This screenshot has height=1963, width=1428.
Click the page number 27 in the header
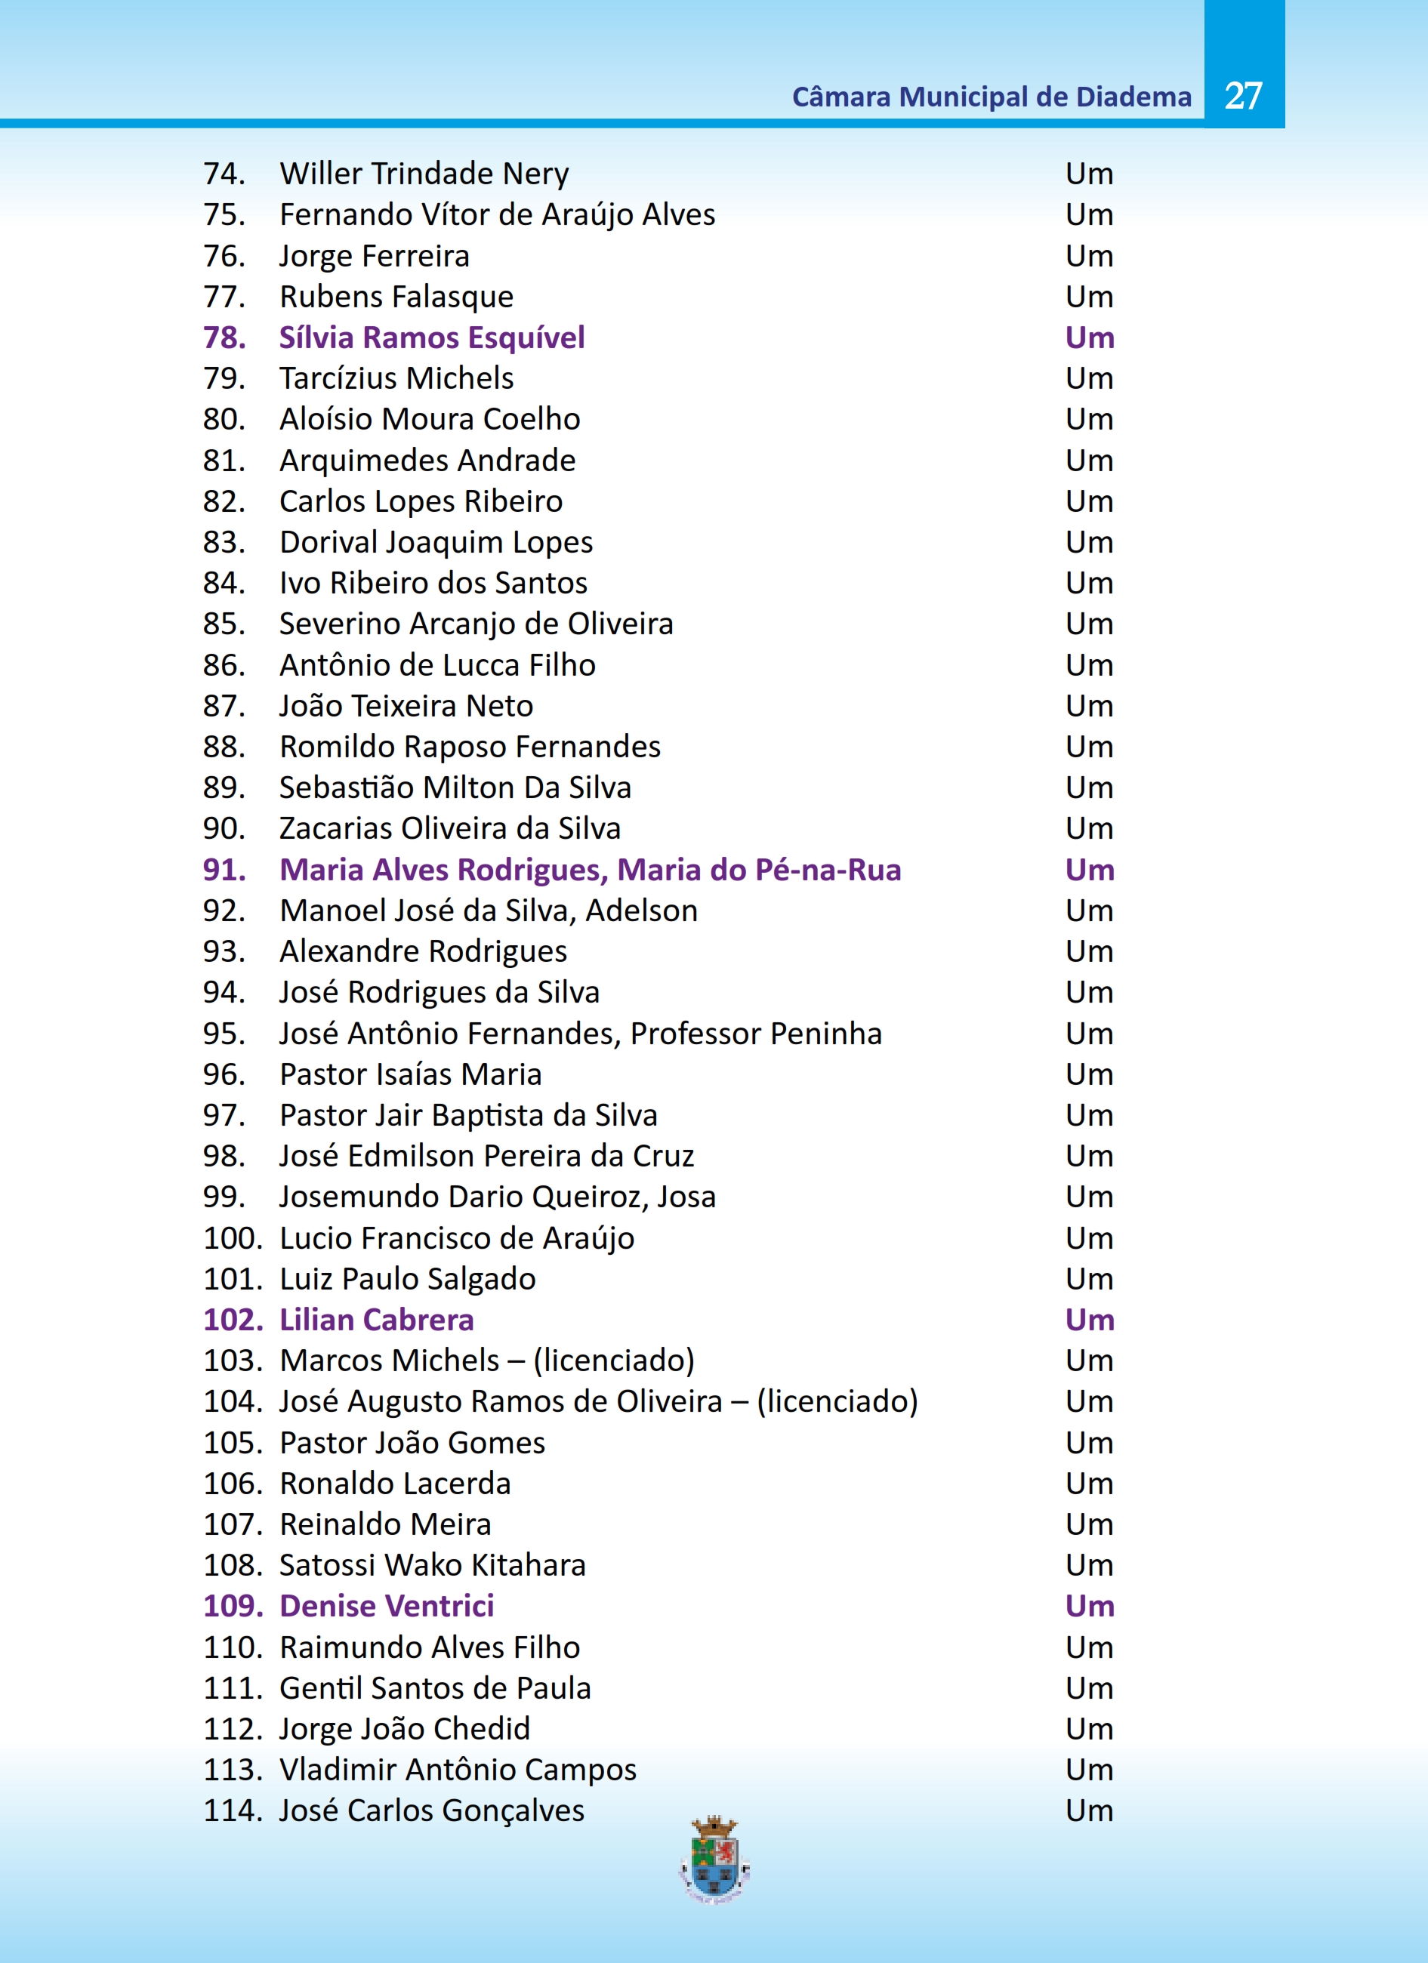click(x=1243, y=96)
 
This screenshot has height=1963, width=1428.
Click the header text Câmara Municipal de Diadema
click(x=991, y=97)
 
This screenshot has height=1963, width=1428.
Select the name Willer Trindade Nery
click(x=424, y=174)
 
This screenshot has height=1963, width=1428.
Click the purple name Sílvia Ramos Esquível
click(x=432, y=337)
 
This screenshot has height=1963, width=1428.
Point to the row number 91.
click(x=224, y=870)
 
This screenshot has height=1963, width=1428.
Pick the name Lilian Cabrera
click(x=377, y=1320)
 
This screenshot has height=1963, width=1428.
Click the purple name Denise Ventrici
click(x=387, y=1607)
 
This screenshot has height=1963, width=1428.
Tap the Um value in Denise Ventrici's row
click(x=1090, y=1607)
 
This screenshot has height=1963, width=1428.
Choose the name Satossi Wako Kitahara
click(x=433, y=1566)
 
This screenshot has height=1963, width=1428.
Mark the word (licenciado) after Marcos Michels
click(x=614, y=1361)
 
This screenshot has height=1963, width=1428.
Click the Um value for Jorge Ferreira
click(x=1090, y=256)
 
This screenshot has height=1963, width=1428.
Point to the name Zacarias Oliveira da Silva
click(x=450, y=829)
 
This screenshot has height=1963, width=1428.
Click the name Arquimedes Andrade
click(x=427, y=461)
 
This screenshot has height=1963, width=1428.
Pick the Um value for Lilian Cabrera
click(x=1090, y=1320)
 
